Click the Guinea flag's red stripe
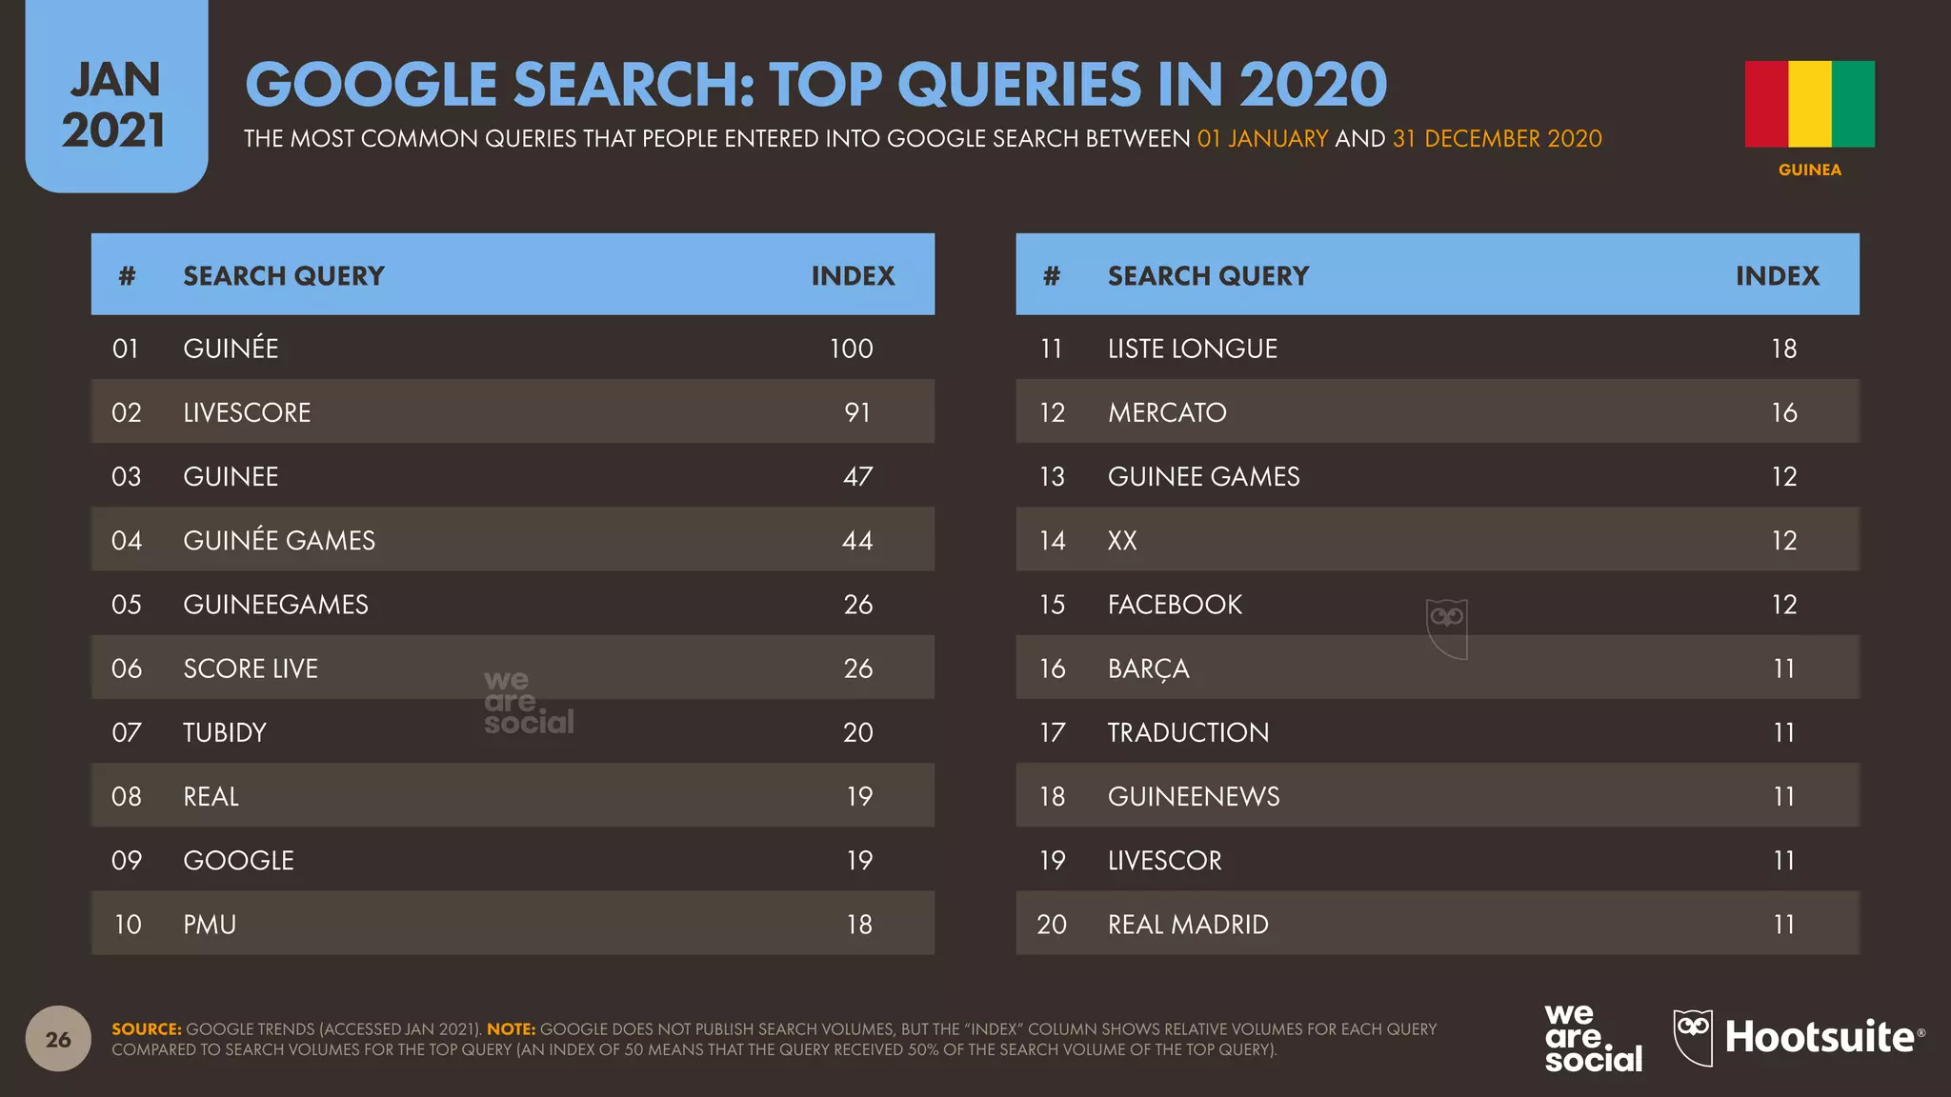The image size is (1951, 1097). click(x=1766, y=104)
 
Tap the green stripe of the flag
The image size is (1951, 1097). click(x=1853, y=104)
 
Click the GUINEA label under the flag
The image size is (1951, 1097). click(x=1810, y=170)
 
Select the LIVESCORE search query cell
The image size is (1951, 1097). click(x=247, y=412)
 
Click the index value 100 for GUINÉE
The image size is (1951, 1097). click(x=851, y=349)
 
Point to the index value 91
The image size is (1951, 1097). click(x=857, y=412)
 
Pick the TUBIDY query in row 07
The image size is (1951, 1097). click(x=225, y=732)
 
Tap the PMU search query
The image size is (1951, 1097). click(x=210, y=925)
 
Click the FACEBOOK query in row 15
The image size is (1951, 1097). click(x=1175, y=605)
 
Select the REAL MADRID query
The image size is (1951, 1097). click(x=1188, y=925)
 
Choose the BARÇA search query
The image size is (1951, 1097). click(x=1148, y=669)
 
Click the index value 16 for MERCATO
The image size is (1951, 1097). click(x=1784, y=412)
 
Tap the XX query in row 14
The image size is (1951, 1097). click(x=1122, y=541)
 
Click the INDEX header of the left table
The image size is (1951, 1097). click(x=853, y=276)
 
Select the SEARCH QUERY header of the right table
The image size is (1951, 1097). click(x=1208, y=276)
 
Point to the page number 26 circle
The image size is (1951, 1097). click(x=58, y=1039)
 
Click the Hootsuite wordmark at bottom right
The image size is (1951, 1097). click(x=1820, y=1037)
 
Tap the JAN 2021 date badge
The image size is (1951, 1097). click(x=116, y=96)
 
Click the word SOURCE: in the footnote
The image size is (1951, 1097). click(x=147, y=1029)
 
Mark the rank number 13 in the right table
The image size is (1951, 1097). click(x=1052, y=477)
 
